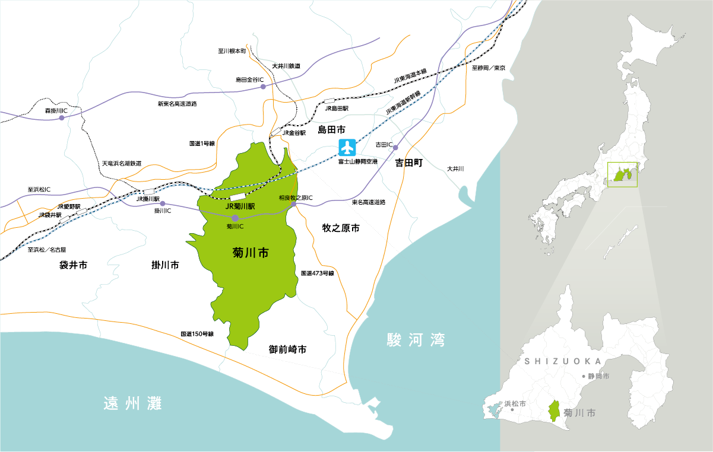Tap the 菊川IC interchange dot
click(x=235, y=218)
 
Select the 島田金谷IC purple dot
click(x=263, y=87)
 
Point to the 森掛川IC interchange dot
click(x=61, y=118)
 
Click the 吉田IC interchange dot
click(x=395, y=147)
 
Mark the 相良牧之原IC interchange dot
click(x=293, y=204)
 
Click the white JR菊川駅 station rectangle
click(x=238, y=196)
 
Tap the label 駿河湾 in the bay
click(x=415, y=340)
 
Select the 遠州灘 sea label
click(x=132, y=403)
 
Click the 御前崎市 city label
click(x=287, y=349)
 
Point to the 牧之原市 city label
click(x=341, y=228)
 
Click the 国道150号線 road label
click(x=197, y=334)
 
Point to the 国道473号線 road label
click(x=318, y=273)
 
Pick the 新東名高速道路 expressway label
click(x=177, y=104)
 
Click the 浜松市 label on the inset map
click(x=515, y=403)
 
